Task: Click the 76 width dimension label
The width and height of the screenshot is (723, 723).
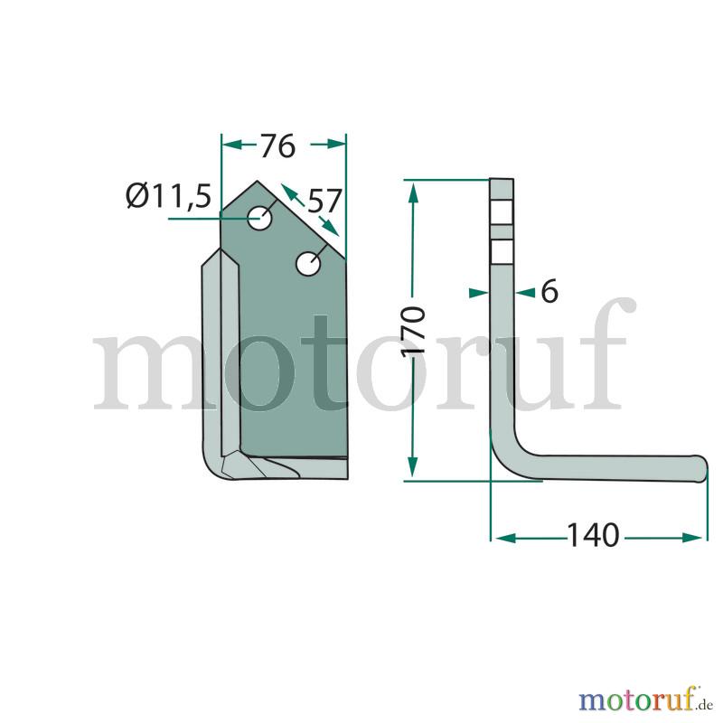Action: [277, 146]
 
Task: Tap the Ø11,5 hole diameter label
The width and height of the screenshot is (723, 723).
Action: [169, 196]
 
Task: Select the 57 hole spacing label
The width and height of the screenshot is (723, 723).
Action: [324, 201]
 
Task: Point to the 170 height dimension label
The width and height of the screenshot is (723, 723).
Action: [413, 331]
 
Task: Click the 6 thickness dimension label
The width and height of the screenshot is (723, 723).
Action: [549, 291]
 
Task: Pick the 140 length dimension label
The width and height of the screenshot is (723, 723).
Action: [593, 535]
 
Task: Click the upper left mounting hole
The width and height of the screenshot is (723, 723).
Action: [259, 218]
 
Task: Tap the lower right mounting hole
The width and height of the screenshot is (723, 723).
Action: [308, 264]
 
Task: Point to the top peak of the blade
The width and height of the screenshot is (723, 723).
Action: [258, 181]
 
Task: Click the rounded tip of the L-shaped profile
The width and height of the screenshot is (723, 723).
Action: [701, 468]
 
